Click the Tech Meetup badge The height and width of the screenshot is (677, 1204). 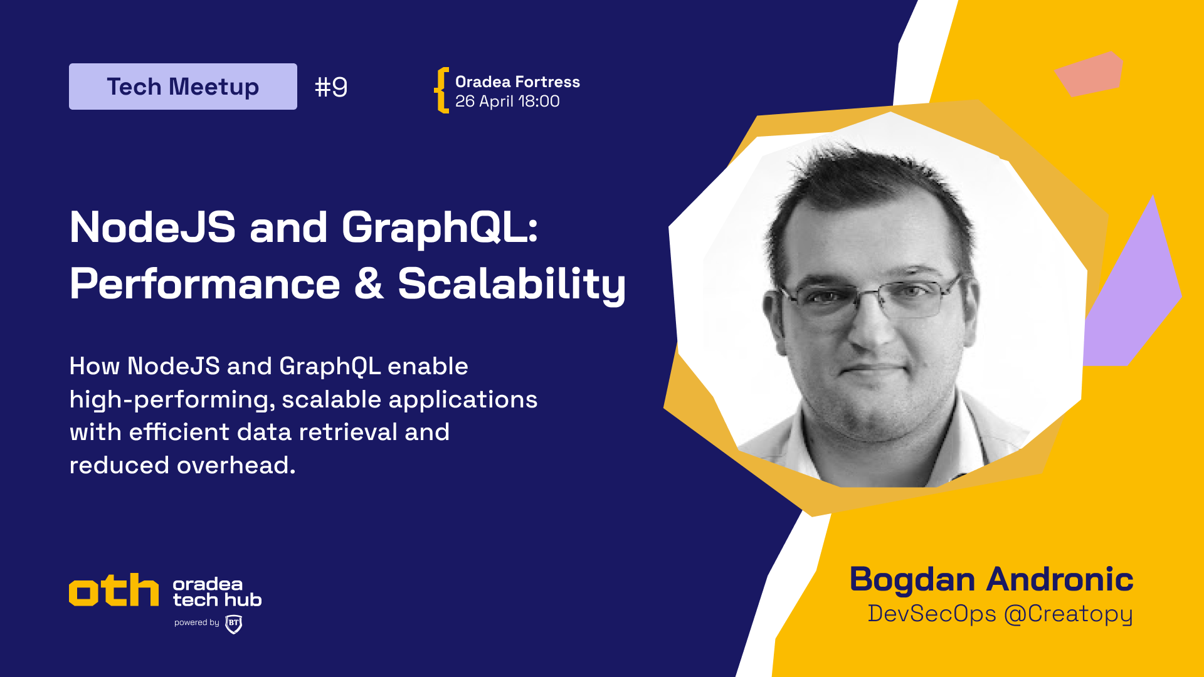(182, 87)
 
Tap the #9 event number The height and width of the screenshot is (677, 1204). (331, 87)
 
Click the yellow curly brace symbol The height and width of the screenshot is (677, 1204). (442, 90)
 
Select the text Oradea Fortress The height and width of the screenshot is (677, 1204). (517, 82)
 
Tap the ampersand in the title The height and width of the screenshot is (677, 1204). (369, 283)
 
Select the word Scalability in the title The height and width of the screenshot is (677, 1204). (512, 285)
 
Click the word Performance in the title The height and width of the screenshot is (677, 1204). (205, 284)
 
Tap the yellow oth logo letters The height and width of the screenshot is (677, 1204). (114, 590)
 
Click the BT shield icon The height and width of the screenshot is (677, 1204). (234, 624)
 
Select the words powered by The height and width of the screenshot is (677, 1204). (197, 622)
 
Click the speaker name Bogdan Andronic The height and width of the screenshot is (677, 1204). (991, 579)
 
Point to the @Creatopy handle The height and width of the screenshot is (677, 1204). (1069, 614)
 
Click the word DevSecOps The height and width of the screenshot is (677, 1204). (932, 614)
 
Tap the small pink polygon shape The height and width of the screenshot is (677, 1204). (1089, 74)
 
